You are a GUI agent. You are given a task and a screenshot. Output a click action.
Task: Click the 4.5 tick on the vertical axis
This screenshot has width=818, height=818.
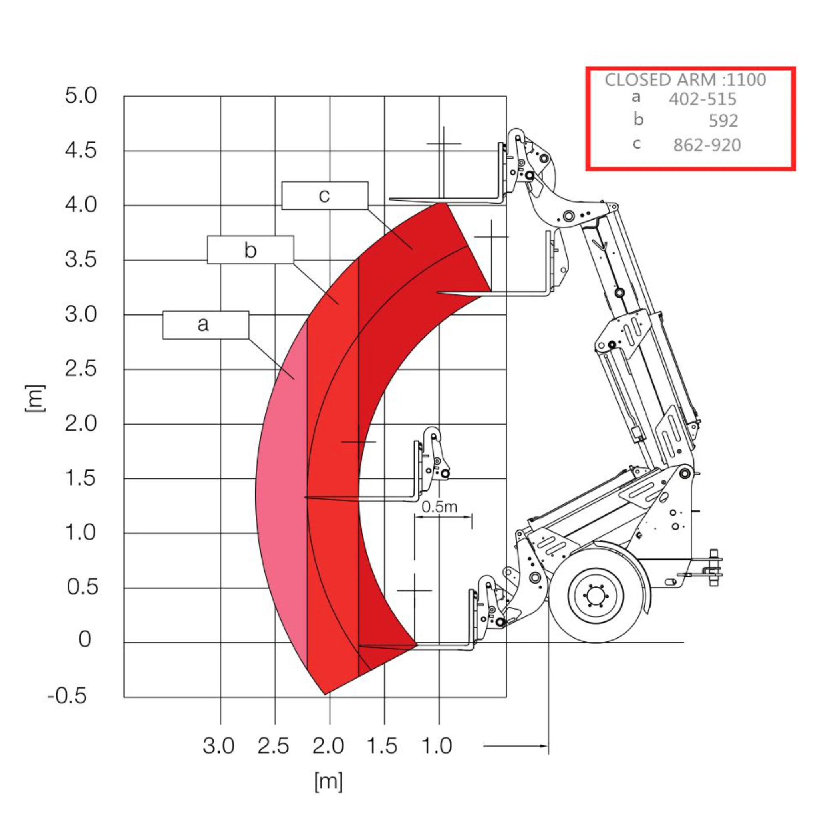click(80, 150)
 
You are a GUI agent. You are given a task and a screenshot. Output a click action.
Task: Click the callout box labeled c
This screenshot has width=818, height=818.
click(325, 195)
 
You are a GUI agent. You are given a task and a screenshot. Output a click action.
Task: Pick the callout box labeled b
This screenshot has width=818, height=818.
click(250, 250)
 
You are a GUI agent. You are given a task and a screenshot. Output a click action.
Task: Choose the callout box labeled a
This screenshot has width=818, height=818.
click(206, 325)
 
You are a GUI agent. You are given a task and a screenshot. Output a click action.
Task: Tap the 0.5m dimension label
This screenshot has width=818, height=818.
click(439, 507)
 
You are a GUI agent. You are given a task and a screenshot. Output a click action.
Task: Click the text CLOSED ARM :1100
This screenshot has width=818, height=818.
click(685, 79)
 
